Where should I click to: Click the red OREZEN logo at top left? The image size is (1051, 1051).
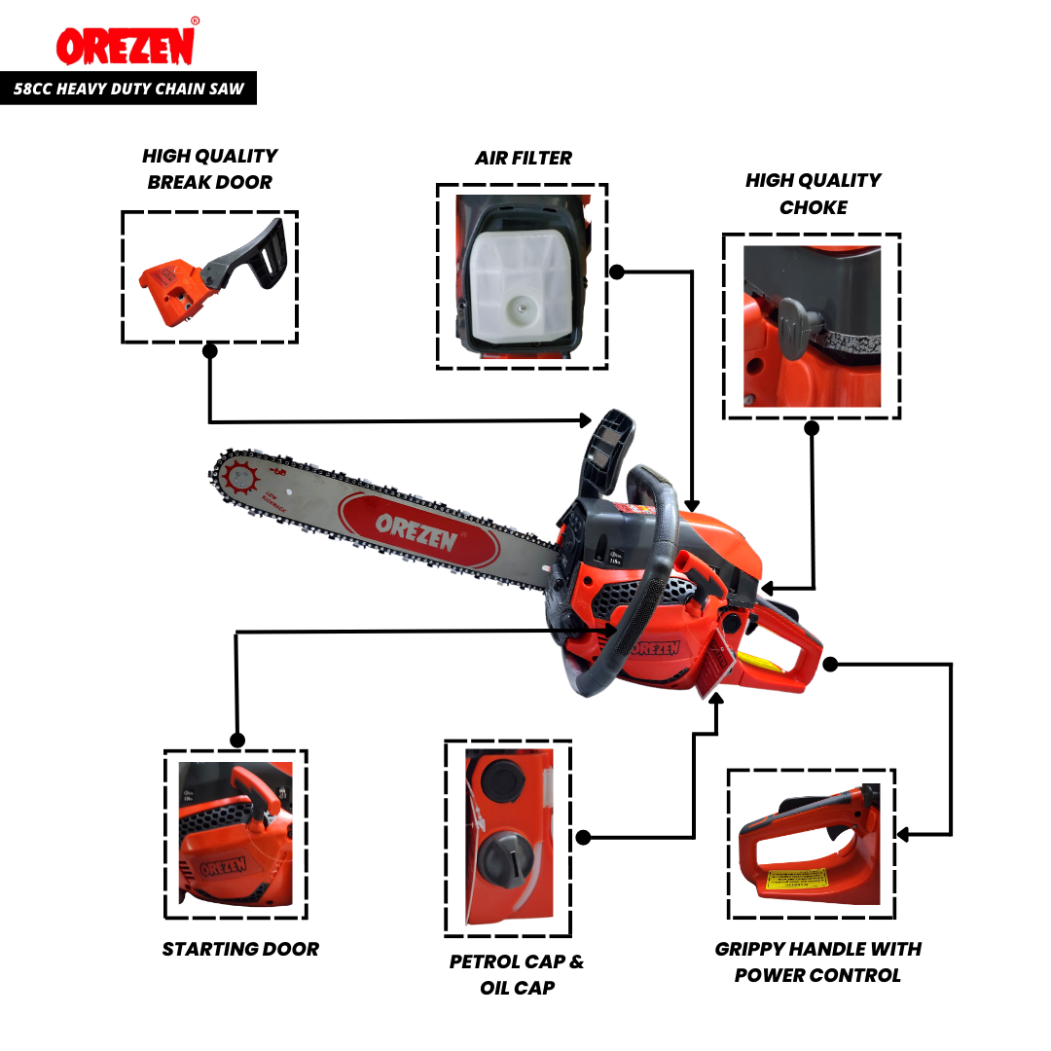click(125, 45)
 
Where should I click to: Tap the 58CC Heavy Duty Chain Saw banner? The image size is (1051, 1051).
click(128, 90)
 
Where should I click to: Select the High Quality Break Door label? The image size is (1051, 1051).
click(209, 168)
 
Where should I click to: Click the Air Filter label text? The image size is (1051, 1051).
click(524, 158)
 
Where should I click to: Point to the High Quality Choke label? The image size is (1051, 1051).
click(813, 194)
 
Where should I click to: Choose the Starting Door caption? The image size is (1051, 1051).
click(240, 949)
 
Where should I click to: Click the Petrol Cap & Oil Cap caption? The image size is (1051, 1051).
click(517, 974)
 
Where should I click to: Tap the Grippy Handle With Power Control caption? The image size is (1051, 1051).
click(817, 961)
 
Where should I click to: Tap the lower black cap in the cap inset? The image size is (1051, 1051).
click(504, 860)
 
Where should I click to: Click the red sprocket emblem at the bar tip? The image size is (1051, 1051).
click(238, 478)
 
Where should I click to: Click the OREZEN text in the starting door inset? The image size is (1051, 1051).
click(224, 866)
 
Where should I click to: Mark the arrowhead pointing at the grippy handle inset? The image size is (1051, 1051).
click(903, 834)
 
